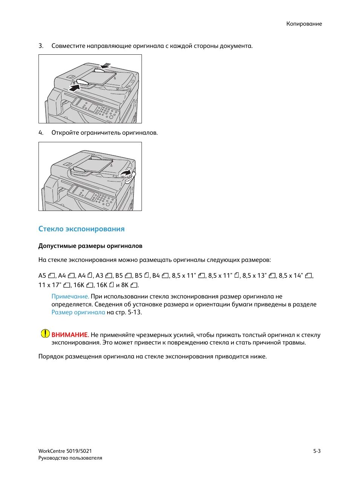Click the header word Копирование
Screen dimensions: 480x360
[x=304, y=24]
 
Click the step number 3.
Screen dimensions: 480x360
[x=41, y=46]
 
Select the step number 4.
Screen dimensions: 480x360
[x=41, y=133]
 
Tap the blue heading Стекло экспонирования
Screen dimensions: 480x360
[x=81, y=229]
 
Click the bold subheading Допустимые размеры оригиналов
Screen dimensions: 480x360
[x=90, y=246]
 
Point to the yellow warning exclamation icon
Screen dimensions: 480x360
[x=45, y=334]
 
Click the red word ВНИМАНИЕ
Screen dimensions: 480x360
[x=70, y=335]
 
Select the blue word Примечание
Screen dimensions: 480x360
[x=70, y=297]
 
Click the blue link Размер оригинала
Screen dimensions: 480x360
[x=78, y=312]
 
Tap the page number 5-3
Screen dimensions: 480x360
[x=317, y=451]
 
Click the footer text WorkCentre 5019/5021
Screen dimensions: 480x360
[x=65, y=451]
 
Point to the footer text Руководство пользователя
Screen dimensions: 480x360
[x=70, y=458]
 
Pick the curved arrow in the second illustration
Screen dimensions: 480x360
[x=126, y=173]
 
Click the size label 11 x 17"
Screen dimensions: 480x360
[x=50, y=285]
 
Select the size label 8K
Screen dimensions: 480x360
[x=125, y=285]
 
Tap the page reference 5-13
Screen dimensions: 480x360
[x=134, y=312]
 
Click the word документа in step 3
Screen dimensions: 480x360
[x=237, y=46]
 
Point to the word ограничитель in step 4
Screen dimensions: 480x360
[x=102, y=133]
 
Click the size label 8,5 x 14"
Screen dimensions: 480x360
[x=291, y=276]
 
